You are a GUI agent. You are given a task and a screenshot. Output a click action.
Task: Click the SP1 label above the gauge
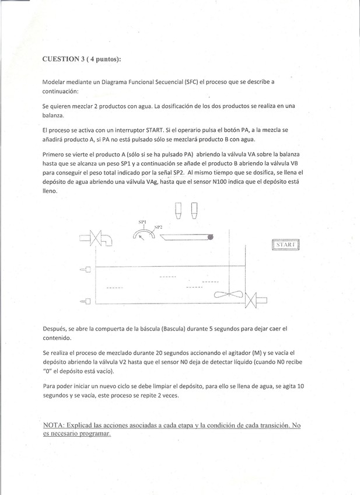click(142, 222)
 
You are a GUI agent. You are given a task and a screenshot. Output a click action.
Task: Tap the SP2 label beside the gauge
click(158, 227)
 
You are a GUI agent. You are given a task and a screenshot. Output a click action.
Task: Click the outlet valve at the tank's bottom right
click(252, 302)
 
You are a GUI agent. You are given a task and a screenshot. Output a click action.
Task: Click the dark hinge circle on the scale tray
click(210, 236)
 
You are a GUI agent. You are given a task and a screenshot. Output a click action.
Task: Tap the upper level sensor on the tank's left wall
click(86, 270)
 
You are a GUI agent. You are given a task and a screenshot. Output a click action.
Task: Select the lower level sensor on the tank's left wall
click(86, 301)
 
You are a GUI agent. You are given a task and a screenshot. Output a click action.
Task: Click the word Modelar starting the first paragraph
click(57, 82)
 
